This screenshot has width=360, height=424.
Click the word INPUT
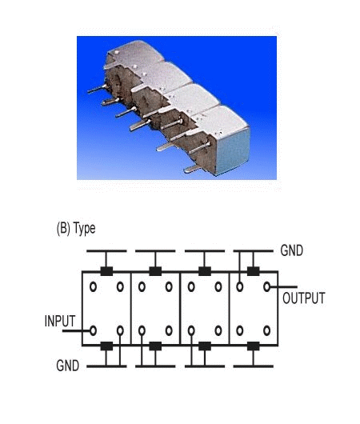pyautogui.click(x=60, y=321)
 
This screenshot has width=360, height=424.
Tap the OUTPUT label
pyautogui.click(x=304, y=298)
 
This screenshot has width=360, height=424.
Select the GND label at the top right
pyautogui.click(x=291, y=250)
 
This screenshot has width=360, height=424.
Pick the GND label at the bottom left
pyautogui.click(x=68, y=366)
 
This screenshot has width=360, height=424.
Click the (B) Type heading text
pyautogui.click(x=76, y=229)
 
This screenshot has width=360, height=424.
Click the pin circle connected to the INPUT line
pyautogui.click(x=93, y=330)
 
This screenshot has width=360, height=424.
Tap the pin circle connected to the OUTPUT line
pyautogui.click(x=266, y=286)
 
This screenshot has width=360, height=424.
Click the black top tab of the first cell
pyautogui.click(x=106, y=271)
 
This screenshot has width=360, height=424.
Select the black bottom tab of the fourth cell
pyautogui.click(x=253, y=346)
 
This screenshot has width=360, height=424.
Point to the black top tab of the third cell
pyautogui.click(x=205, y=271)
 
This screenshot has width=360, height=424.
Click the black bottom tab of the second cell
pyautogui.click(x=155, y=346)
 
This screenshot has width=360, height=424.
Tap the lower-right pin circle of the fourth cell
pyautogui.click(x=266, y=330)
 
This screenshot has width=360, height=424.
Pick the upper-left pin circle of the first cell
pyautogui.click(x=93, y=286)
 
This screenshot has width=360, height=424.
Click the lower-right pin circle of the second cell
pyautogui.click(x=169, y=330)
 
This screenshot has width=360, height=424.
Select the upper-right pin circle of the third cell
pyautogui.click(x=218, y=286)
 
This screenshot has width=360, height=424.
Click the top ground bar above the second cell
pyautogui.click(x=155, y=251)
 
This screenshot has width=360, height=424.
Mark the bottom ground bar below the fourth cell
pyautogui.click(x=253, y=366)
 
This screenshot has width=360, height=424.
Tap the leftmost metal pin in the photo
pyautogui.click(x=97, y=89)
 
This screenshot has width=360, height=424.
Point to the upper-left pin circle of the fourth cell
pyautogui.click(x=240, y=286)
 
